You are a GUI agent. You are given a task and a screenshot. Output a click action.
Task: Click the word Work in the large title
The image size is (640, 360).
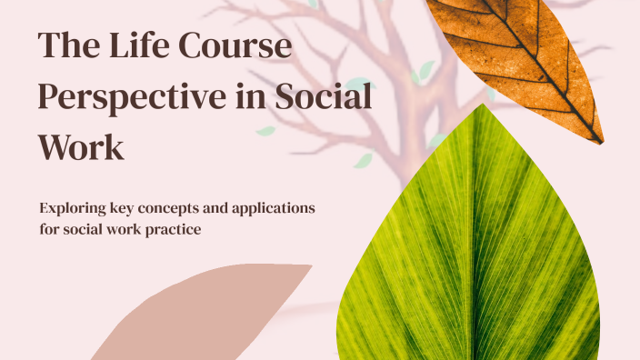pyautogui.click(x=80, y=145)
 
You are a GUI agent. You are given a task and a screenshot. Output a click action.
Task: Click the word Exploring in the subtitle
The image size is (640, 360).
pyautogui.click(x=75, y=209)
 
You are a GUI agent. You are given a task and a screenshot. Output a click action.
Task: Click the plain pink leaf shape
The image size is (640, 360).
pyautogui.click(x=209, y=314)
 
